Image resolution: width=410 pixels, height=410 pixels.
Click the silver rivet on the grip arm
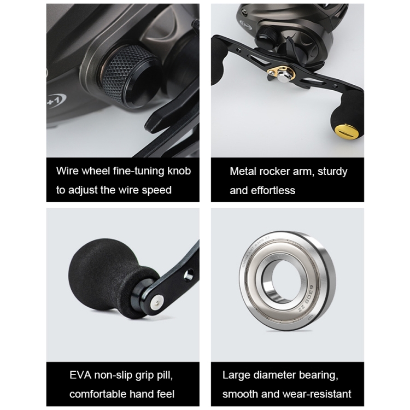(157, 300)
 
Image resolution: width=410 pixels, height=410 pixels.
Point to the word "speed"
(157, 190)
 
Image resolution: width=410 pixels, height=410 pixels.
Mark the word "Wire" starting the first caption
(68, 171)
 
